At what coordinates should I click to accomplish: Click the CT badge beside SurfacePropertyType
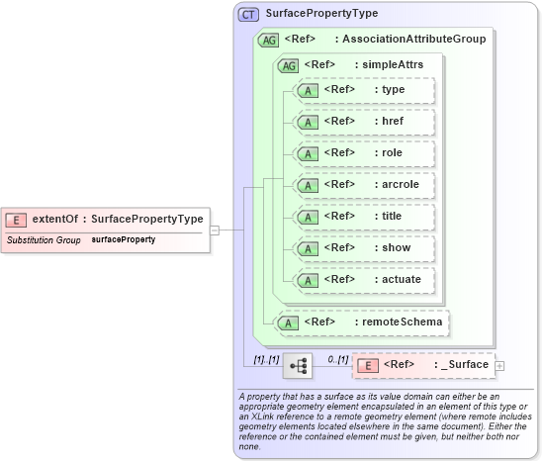247,15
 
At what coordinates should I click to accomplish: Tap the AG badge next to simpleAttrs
289,65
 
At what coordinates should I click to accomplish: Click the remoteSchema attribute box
362,322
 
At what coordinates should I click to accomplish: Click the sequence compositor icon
297,365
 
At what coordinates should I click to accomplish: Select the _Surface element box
423,365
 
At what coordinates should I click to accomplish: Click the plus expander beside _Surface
499,366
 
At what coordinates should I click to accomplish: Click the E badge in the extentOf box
17,220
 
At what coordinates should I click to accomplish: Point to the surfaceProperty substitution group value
123,240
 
